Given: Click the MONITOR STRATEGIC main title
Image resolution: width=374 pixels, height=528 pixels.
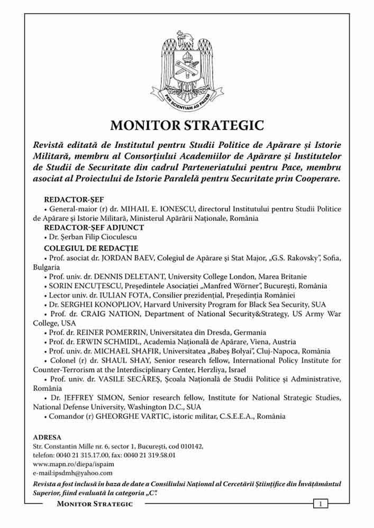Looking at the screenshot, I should (x=187, y=126).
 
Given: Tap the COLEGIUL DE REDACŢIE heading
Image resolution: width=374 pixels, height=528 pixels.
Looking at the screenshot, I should (x=91, y=247).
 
